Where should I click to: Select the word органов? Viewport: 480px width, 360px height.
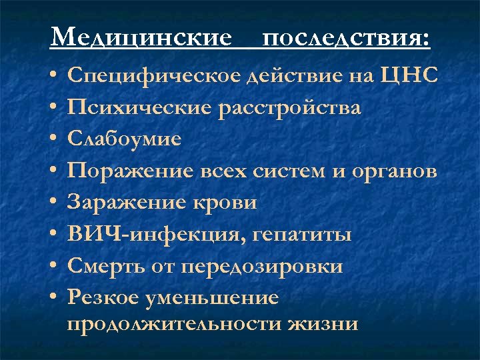(x=399, y=171)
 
